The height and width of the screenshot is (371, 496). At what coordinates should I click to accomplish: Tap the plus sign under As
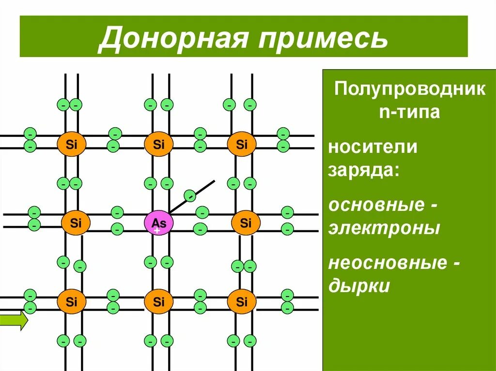click(157, 232)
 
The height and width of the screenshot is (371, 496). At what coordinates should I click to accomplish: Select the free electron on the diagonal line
click(191, 196)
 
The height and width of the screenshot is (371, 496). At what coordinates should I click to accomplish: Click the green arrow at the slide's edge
click(14, 321)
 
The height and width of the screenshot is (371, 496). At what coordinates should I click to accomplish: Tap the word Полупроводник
click(409, 90)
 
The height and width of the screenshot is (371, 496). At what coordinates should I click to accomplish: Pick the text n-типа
click(409, 112)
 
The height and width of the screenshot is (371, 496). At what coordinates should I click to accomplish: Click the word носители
click(372, 147)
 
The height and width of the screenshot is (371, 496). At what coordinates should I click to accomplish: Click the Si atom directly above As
click(159, 144)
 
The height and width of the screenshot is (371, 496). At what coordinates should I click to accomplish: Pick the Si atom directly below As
click(159, 302)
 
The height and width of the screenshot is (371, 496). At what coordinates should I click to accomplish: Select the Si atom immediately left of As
click(76, 223)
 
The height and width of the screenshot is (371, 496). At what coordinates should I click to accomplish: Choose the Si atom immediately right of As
click(246, 223)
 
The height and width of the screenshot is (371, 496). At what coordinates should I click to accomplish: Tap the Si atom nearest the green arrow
click(72, 302)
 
